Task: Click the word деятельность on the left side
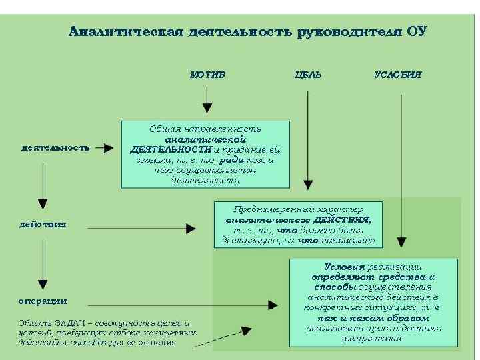55,148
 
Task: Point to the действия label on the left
43,224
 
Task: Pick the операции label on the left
42,301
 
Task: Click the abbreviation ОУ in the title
415,31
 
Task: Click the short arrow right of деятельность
104,148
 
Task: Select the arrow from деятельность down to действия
43,183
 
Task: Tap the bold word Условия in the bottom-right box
345,266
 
